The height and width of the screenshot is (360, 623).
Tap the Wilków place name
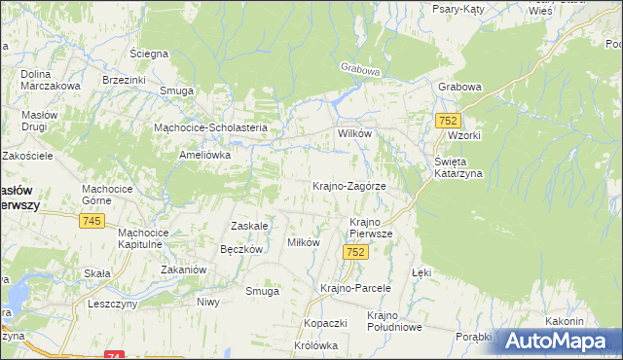(355, 134)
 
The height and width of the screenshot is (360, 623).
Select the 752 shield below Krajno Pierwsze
(356, 252)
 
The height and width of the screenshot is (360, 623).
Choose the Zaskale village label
(248, 226)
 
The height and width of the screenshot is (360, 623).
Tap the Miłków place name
(303, 242)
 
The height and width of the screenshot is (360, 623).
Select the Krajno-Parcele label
(355, 288)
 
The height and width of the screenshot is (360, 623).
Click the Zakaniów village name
(182, 270)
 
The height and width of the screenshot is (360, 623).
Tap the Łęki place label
(421, 273)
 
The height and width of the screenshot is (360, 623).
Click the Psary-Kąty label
(460, 8)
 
